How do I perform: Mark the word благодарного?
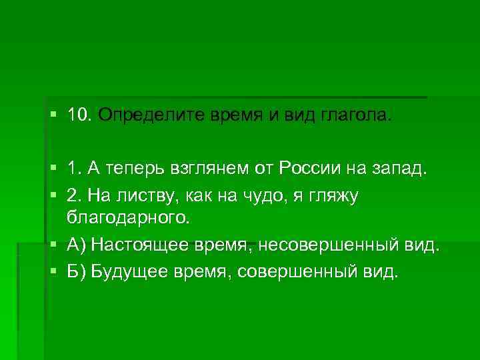pos(127,217)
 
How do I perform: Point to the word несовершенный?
pos(319,245)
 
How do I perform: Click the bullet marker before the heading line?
pos(53,117)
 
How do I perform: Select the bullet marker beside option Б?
pos(53,273)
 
